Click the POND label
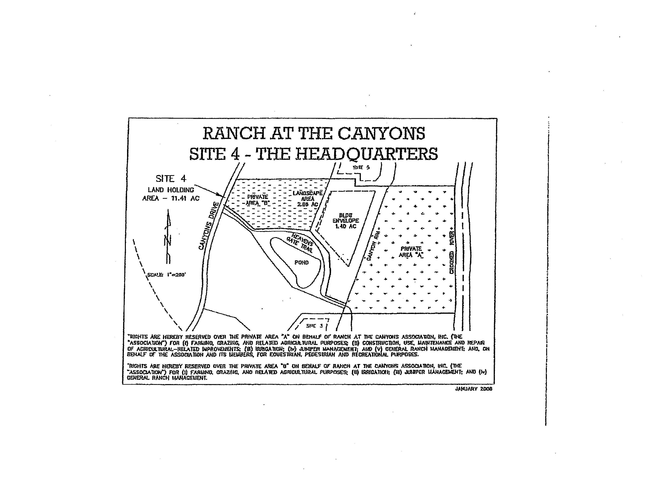click(302, 262)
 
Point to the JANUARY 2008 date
click(473, 389)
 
